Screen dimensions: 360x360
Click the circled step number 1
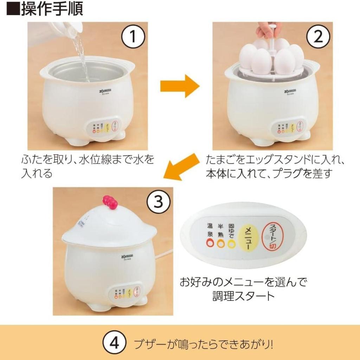pyautogui.click(x=133, y=36)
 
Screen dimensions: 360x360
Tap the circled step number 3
pyautogui.click(x=159, y=202)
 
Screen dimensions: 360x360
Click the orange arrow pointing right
pyautogui.click(x=180, y=86)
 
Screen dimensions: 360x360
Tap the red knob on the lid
pyautogui.click(x=110, y=202)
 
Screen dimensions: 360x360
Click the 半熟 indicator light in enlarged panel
pyautogui.click(x=221, y=244)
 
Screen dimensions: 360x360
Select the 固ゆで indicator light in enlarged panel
pyautogui.click(x=231, y=244)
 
